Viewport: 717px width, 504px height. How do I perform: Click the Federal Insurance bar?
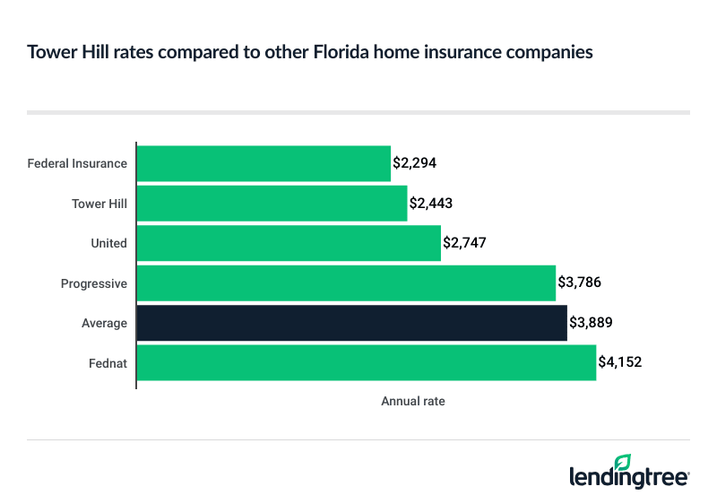coord(263,163)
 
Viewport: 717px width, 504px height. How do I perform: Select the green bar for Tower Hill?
coord(272,204)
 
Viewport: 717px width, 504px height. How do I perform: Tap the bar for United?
coord(289,243)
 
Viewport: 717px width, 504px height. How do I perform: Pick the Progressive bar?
coord(346,283)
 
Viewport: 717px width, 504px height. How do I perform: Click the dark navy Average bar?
coord(351,323)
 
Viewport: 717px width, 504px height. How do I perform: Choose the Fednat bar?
coord(367,362)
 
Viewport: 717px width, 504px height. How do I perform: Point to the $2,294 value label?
coord(414,163)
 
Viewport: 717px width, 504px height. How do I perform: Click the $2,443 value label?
coord(431,204)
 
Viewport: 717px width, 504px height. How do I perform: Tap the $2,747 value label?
coord(464,243)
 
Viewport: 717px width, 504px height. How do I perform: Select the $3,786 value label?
coord(579,283)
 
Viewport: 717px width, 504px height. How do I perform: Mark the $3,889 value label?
coord(591,323)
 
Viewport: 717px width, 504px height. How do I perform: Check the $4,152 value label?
coord(620,362)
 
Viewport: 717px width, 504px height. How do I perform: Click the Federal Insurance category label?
coord(77,164)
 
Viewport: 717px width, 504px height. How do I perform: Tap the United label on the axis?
coord(108,243)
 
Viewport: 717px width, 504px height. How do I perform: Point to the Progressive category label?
coord(93,283)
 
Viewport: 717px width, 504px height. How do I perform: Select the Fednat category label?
coord(107,362)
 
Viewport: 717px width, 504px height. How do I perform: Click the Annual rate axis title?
coord(413,402)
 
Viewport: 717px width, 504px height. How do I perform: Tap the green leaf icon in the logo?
coord(623,461)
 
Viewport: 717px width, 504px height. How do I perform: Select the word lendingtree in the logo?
coord(629,477)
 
